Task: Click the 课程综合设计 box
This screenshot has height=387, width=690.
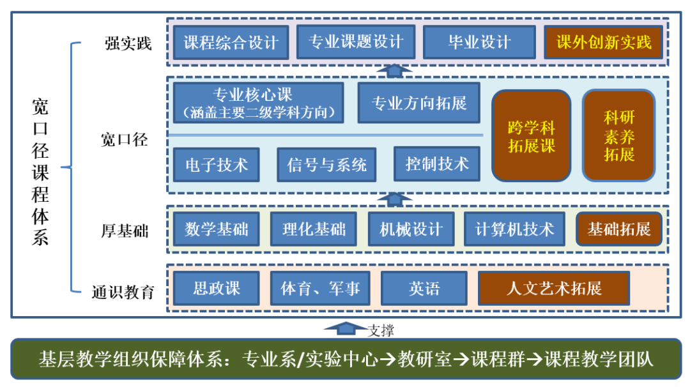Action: pos(231,43)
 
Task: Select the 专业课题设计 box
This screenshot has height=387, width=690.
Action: pos(356,42)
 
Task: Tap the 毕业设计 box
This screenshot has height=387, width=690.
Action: pos(479,43)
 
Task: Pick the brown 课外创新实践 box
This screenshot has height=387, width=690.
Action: pos(604,43)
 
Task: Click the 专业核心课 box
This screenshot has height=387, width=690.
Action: pos(258,103)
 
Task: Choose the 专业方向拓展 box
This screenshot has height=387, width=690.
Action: pos(418,103)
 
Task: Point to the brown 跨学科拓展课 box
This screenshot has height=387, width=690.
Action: pos(531,135)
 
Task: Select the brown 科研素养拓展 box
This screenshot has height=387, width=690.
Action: pos(618,135)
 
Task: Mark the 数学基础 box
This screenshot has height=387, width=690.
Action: pos(217,229)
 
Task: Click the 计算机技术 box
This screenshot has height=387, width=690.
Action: pos(514,229)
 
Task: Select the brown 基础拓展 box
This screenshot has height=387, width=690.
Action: pos(618,229)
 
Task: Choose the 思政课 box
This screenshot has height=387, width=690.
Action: pos(217,288)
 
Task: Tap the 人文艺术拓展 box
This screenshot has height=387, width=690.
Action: pos(554,288)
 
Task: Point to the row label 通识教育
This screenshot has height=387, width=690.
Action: pos(123,292)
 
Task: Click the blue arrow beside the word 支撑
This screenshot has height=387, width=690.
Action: pos(346,329)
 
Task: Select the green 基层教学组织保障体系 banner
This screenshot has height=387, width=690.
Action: pos(346,359)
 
